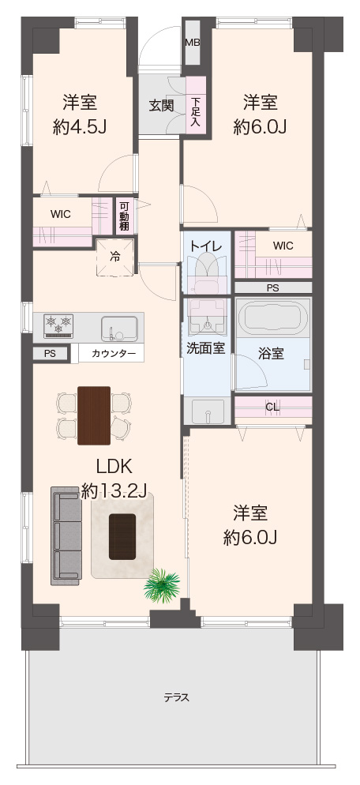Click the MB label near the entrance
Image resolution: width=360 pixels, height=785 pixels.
coord(193,43)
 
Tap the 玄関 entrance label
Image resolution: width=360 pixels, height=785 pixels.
coord(161,106)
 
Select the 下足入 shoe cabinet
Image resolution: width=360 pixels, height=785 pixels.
coord(196,105)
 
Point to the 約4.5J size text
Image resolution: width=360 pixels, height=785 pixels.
coord(80,127)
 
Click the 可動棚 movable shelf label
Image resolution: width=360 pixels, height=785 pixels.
coord(124,216)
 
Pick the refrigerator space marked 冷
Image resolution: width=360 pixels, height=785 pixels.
coord(115,257)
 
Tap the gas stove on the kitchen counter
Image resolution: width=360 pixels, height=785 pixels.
coord(58,326)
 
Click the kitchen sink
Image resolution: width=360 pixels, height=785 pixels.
coord(119,329)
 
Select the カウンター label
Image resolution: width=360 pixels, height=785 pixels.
coord(114,354)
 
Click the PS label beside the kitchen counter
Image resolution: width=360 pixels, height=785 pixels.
coord(50,354)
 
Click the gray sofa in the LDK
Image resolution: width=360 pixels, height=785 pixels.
coord(66,536)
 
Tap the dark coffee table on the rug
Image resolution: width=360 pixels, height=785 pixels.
coord(122,536)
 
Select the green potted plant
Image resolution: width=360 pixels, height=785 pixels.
coord(161,584)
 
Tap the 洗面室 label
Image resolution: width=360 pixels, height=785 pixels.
coord(206,348)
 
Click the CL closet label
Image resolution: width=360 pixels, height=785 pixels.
coord(272,407)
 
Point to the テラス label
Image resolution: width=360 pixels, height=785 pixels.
coord(177,698)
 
